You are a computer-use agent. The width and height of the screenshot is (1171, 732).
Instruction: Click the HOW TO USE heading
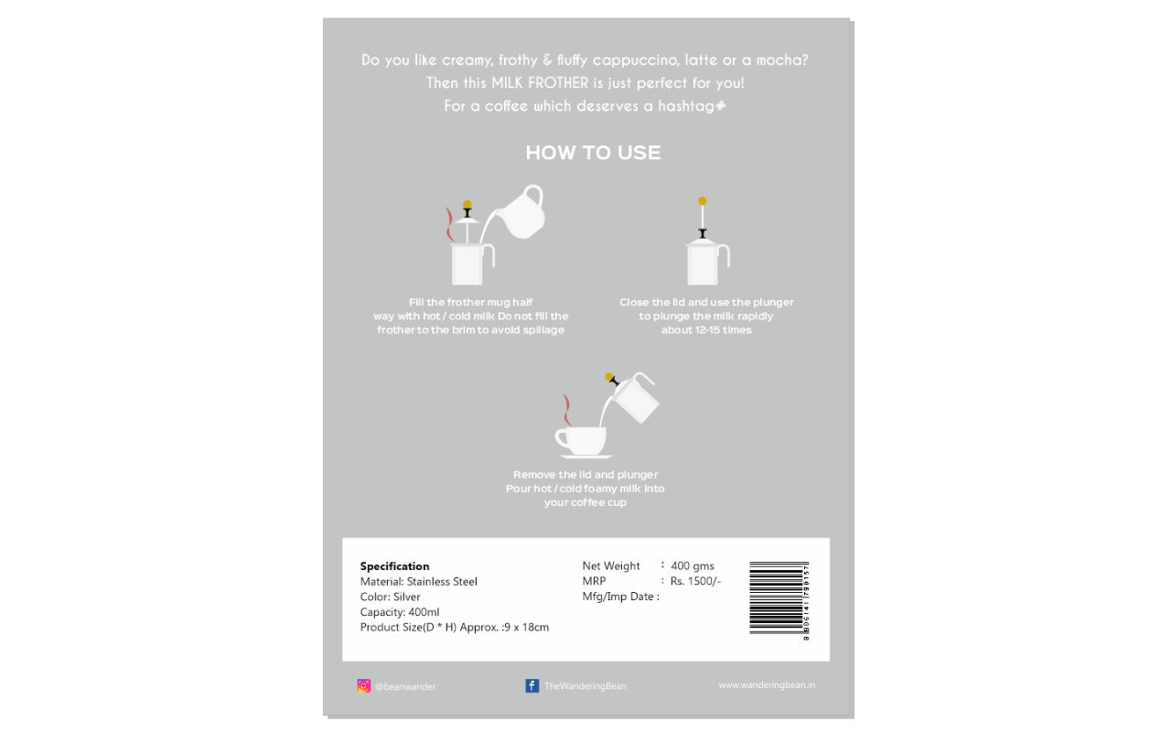(x=593, y=153)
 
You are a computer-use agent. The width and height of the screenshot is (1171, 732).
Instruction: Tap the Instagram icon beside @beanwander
(x=364, y=685)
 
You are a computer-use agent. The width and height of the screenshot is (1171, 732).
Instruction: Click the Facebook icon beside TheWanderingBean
(x=532, y=685)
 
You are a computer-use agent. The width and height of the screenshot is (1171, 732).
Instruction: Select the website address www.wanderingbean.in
(x=766, y=684)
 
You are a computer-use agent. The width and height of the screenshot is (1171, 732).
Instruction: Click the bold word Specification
(x=394, y=566)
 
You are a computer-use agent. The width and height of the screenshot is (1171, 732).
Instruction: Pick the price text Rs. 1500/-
(x=695, y=581)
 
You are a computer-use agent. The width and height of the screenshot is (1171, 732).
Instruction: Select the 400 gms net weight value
(x=693, y=565)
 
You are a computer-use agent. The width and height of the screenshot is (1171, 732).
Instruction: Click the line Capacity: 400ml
(x=400, y=612)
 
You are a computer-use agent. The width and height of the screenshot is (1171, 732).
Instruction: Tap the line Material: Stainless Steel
(x=419, y=582)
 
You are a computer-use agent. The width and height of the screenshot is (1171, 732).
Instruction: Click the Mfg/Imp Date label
(x=620, y=597)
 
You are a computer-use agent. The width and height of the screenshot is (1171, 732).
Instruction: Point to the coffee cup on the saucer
(x=581, y=441)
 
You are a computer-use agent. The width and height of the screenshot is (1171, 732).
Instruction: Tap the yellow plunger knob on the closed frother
(x=702, y=200)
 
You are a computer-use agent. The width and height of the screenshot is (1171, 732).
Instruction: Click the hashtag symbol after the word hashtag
(x=721, y=106)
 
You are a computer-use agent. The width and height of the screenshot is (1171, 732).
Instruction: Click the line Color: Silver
(x=391, y=597)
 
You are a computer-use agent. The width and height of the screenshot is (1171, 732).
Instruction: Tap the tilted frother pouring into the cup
(x=634, y=396)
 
